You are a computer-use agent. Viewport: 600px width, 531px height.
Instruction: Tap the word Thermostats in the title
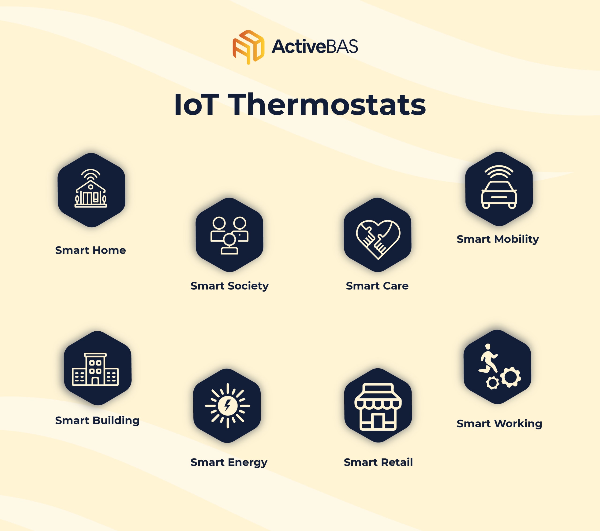point(327,105)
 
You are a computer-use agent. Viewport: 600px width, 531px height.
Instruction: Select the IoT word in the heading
point(196,105)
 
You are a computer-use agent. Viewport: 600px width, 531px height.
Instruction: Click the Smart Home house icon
point(91,188)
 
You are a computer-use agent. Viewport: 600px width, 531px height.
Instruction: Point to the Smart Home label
point(90,250)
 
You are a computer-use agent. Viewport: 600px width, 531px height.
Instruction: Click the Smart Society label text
point(229,286)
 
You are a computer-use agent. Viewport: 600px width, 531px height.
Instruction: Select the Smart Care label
point(377,286)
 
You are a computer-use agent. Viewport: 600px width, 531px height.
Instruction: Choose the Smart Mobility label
point(498,239)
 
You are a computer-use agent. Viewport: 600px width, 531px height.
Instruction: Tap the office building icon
point(95,369)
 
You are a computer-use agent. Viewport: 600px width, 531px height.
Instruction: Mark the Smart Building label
point(97,421)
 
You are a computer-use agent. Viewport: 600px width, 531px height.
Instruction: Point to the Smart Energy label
point(229,462)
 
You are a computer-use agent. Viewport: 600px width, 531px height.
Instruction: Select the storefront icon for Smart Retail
point(378,406)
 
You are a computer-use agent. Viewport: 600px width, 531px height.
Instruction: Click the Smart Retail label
point(378,462)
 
